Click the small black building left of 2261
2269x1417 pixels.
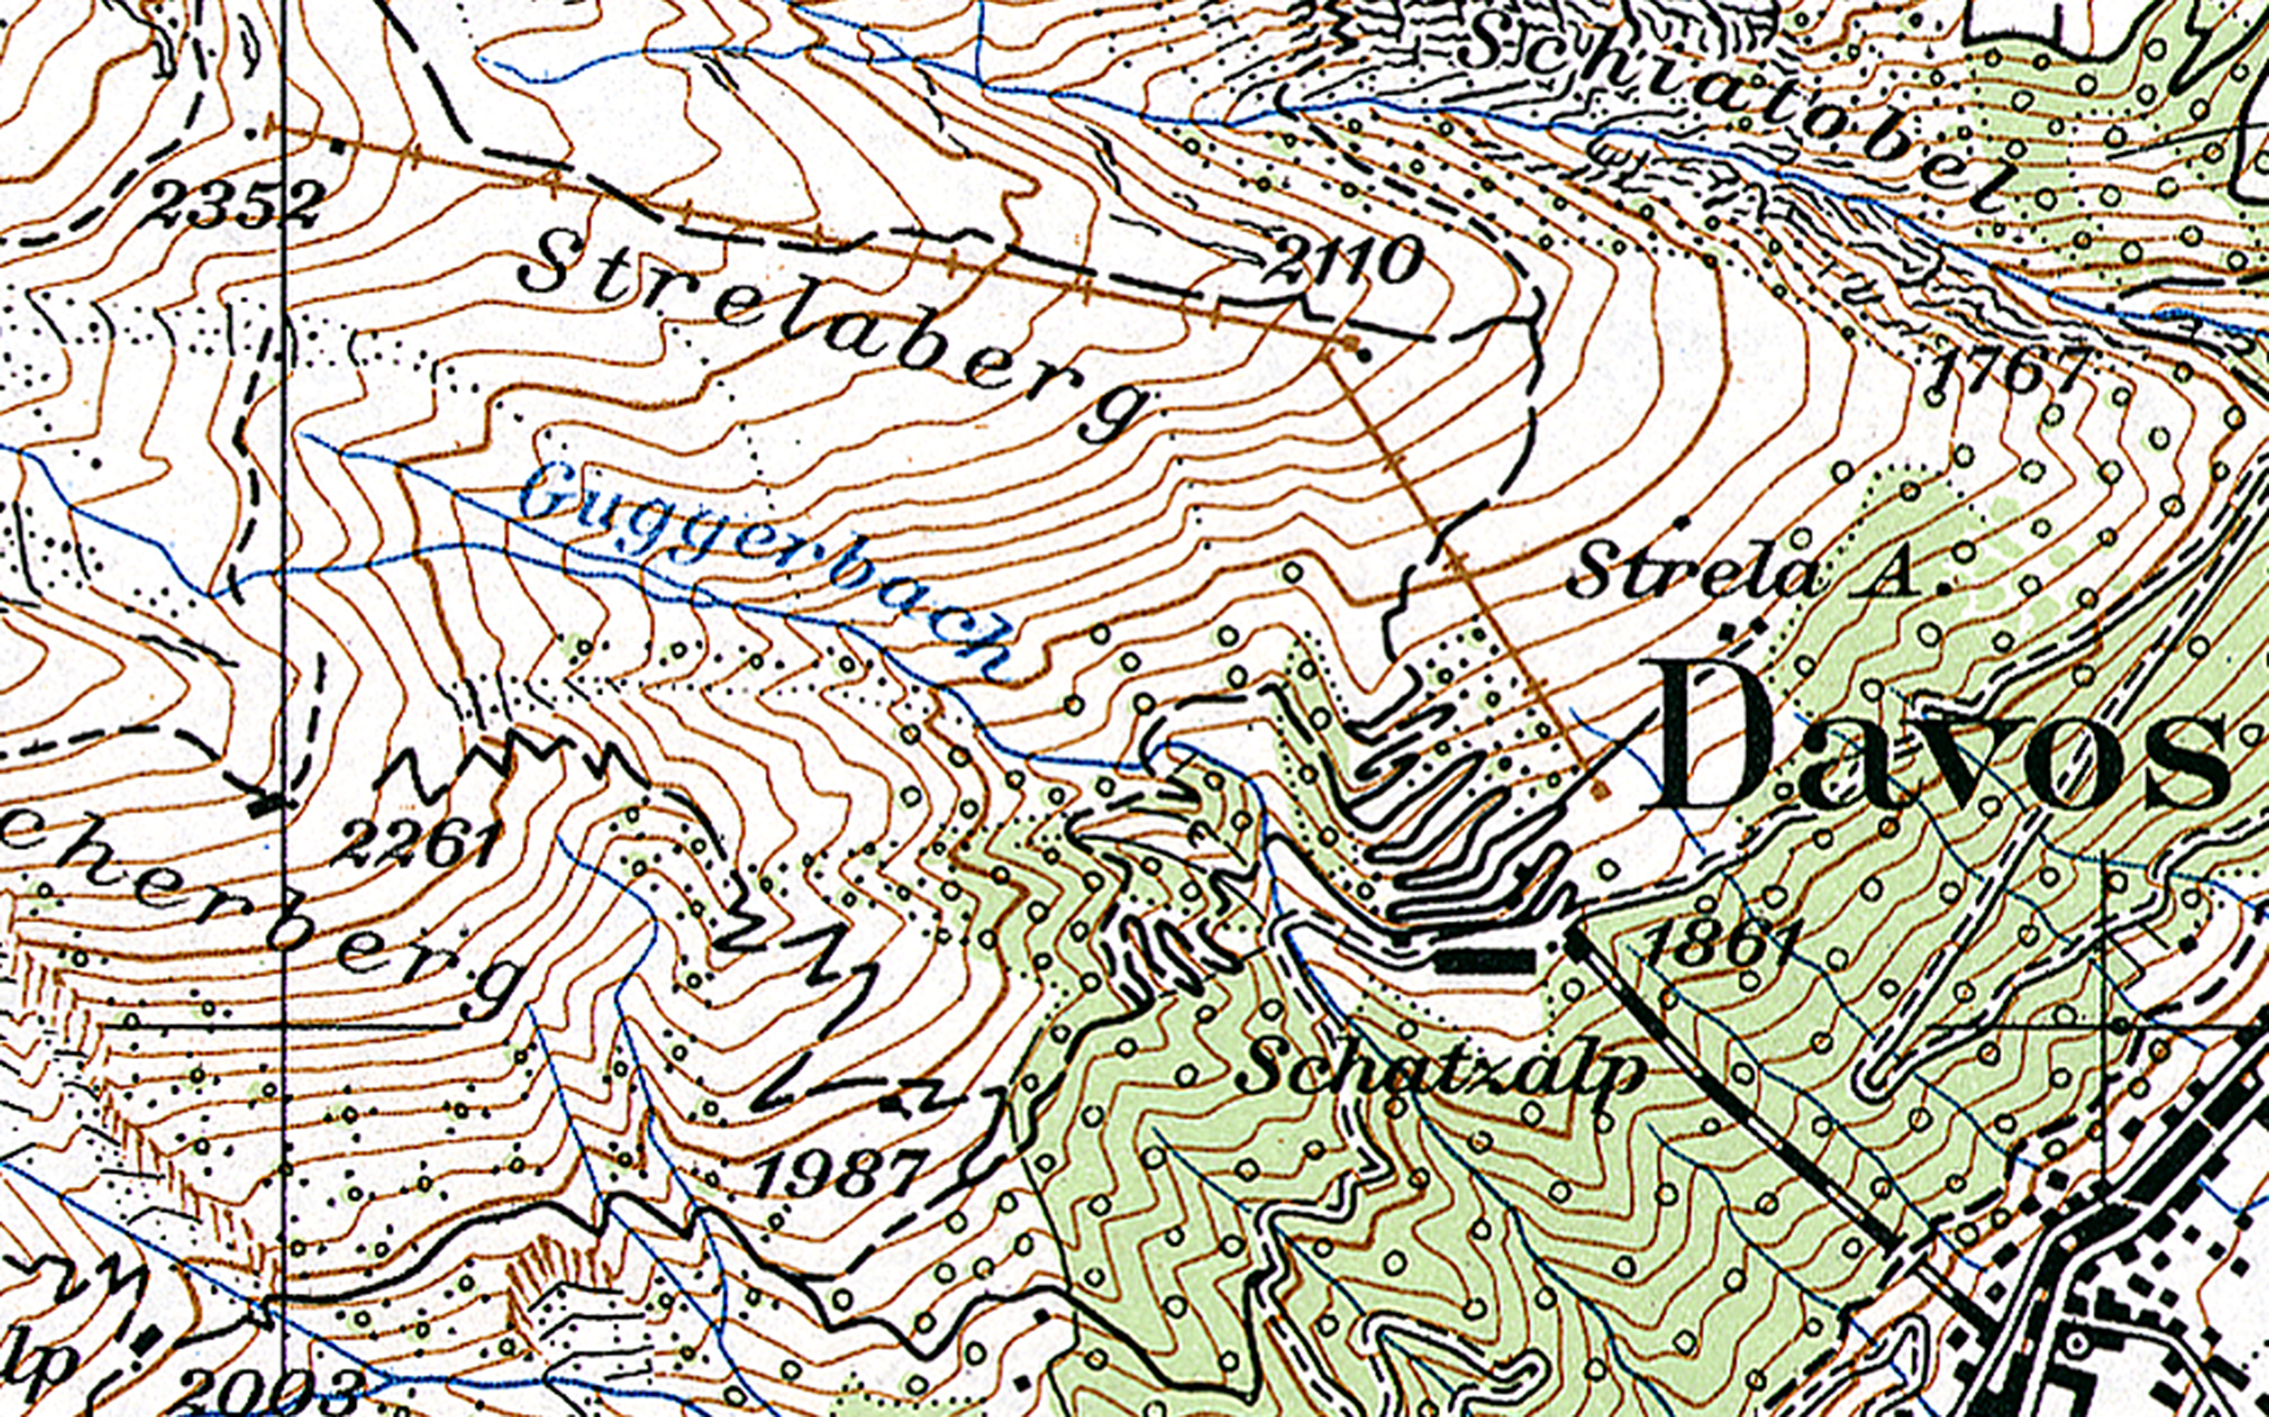(x=270, y=803)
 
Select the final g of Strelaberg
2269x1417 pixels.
(x=1116, y=412)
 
